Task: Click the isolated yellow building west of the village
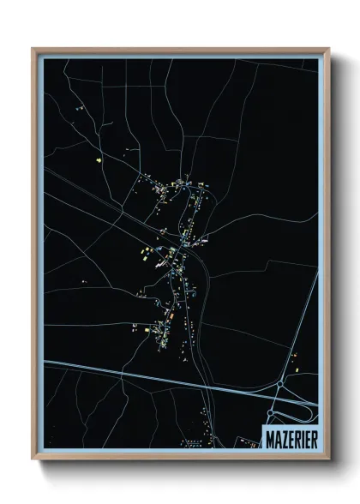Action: coord(99,159)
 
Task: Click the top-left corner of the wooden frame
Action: coord(33,50)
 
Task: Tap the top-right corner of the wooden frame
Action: coord(328,50)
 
